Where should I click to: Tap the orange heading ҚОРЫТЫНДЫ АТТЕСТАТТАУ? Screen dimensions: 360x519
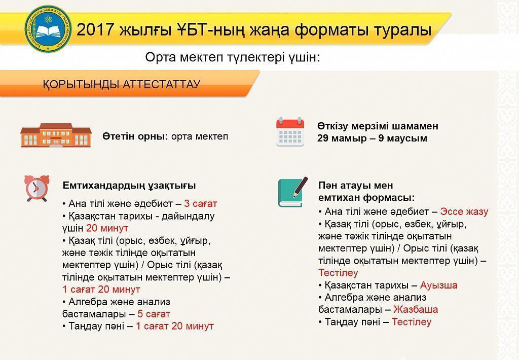(x=121, y=84)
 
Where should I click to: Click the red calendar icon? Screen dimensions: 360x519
(x=290, y=132)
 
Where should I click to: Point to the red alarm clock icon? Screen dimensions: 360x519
(x=37, y=188)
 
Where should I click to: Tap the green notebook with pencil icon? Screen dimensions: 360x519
(x=292, y=192)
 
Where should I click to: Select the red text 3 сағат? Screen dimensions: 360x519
(x=200, y=204)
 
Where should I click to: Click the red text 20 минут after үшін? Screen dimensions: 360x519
(x=107, y=228)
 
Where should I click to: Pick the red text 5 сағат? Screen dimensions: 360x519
(x=154, y=314)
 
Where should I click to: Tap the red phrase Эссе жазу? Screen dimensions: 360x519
(x=464, y=211)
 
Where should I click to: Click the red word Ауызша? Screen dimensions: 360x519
(x=438, y=285)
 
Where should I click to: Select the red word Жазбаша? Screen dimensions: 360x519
(x=415, y=309)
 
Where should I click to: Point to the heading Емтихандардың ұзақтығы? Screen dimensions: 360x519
(x=129, y=186)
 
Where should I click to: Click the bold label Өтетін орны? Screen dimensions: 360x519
(x=135, y=137)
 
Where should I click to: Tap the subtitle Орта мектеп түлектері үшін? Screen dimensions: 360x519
(x=233, y=57)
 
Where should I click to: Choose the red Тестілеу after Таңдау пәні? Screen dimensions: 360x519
(x=411, y=321)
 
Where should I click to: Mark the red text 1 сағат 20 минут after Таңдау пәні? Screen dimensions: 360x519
(x=174, y=326)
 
